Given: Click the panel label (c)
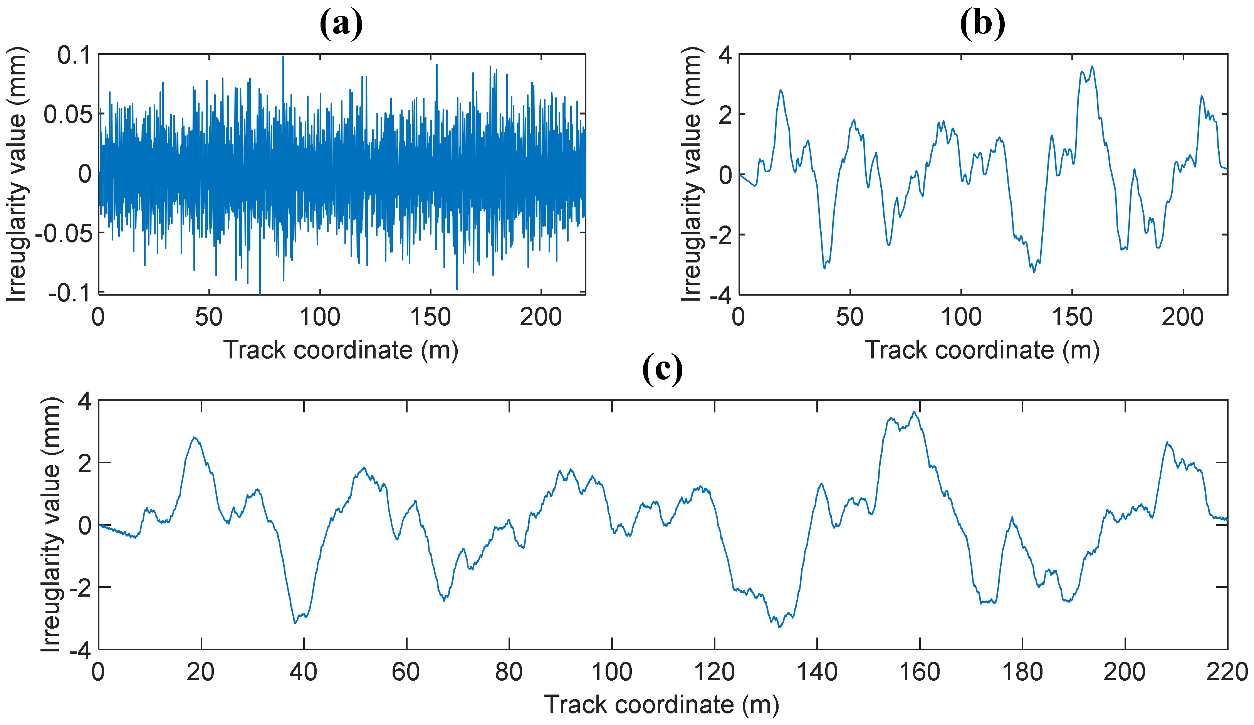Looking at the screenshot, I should pos(662,370).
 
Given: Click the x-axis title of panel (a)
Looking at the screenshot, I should pos(341,350).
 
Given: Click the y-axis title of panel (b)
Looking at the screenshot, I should pos(692,174).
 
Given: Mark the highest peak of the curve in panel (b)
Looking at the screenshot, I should pos(1092,66).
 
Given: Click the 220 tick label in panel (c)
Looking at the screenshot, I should pos(1228,673).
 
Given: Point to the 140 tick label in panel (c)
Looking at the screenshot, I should pos(817,673).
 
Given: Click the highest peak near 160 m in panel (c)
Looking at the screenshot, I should pos(914,412).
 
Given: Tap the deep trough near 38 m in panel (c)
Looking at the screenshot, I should pos(295,623).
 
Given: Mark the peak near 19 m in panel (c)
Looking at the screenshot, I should pos(195,438).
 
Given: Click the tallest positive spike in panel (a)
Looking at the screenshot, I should pos(283,56).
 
